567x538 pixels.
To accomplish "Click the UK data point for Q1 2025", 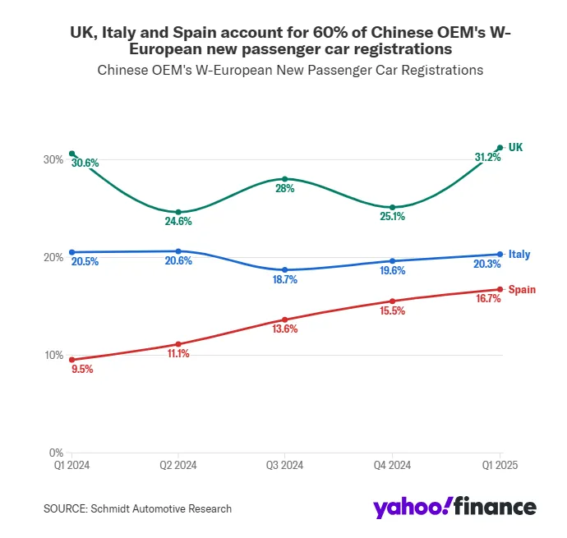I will click(500, 148).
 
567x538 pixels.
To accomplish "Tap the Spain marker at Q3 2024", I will click(284, 320).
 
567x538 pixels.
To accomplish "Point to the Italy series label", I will click(519, 255).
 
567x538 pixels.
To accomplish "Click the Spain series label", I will click(522, 290).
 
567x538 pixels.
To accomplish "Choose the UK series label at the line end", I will click(516, 148).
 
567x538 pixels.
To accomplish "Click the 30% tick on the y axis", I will click(53, 159).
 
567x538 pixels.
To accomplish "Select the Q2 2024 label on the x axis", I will click(178, 465).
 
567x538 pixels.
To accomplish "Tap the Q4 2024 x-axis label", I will click(392, 465).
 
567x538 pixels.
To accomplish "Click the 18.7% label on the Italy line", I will click(284, 280).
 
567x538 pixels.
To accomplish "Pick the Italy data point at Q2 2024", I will click(178, 251).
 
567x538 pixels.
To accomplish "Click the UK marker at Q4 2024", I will click(392, 207).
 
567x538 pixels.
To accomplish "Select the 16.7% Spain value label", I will click(488, 299).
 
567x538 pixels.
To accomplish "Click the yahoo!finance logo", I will click(454, 507).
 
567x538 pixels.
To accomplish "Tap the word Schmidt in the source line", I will click(122, 509).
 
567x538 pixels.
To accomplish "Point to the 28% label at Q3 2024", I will click(284, 189).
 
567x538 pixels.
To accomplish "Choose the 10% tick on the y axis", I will click(53, 355).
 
